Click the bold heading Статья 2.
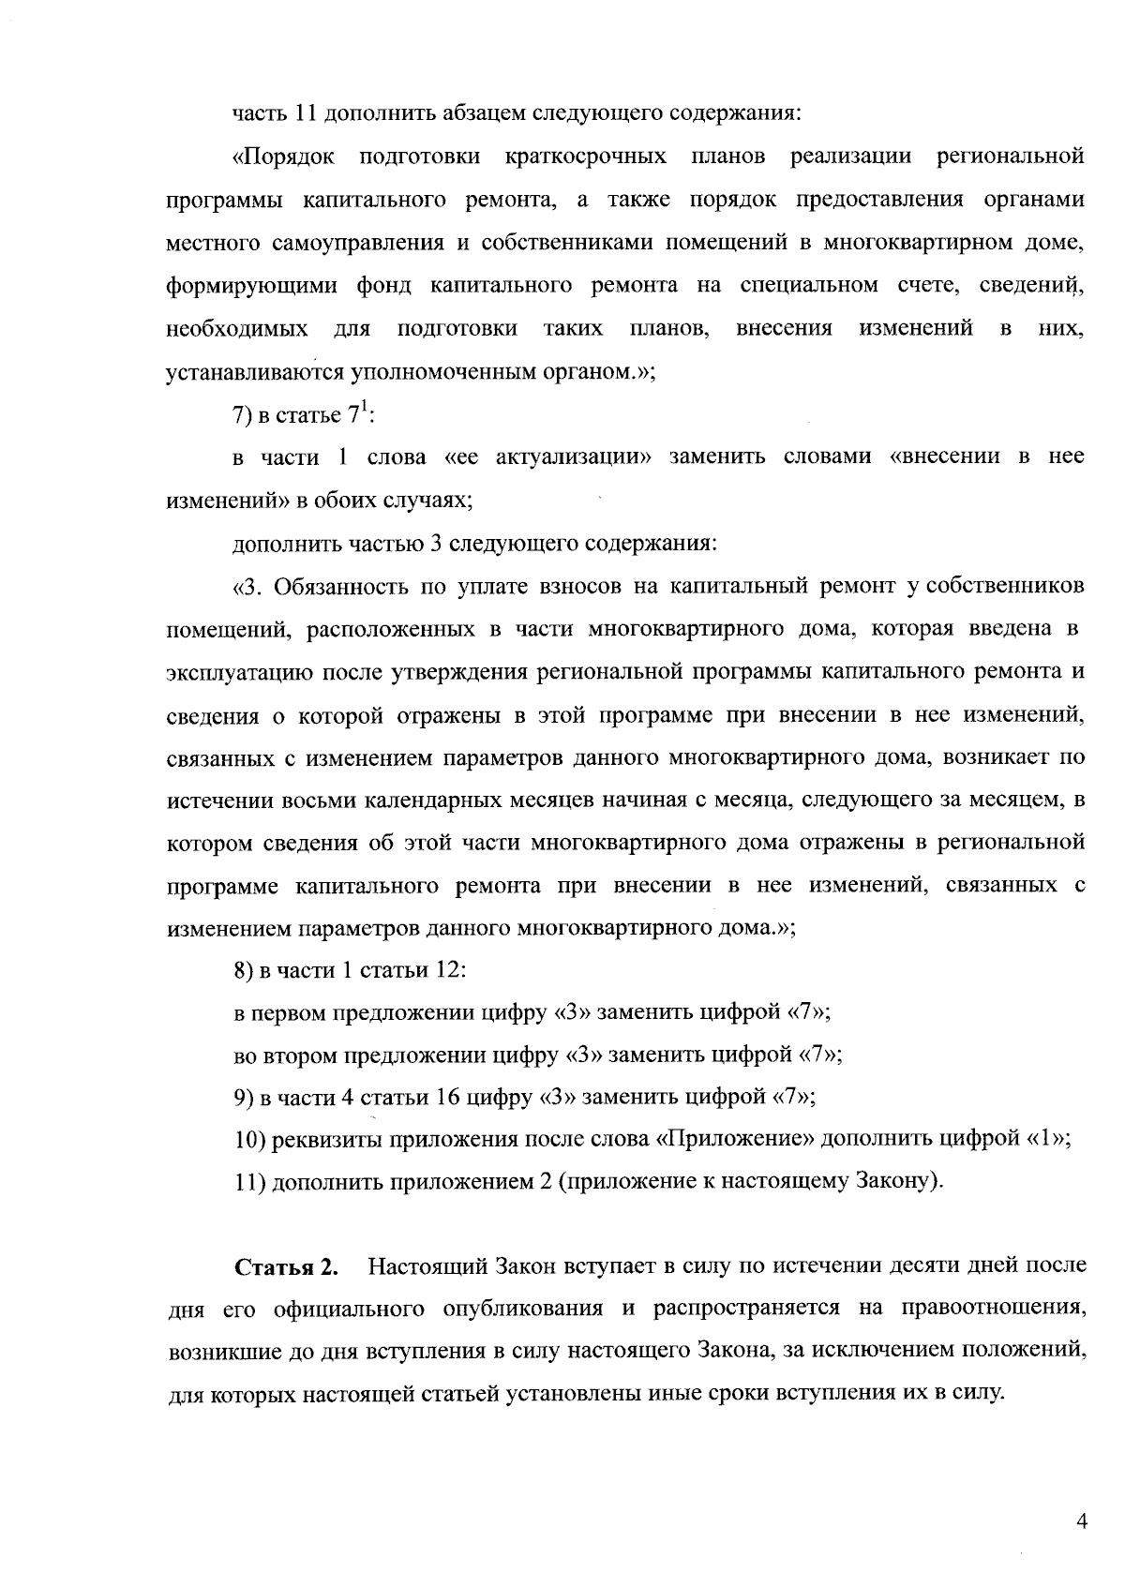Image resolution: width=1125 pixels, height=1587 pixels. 285,1268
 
